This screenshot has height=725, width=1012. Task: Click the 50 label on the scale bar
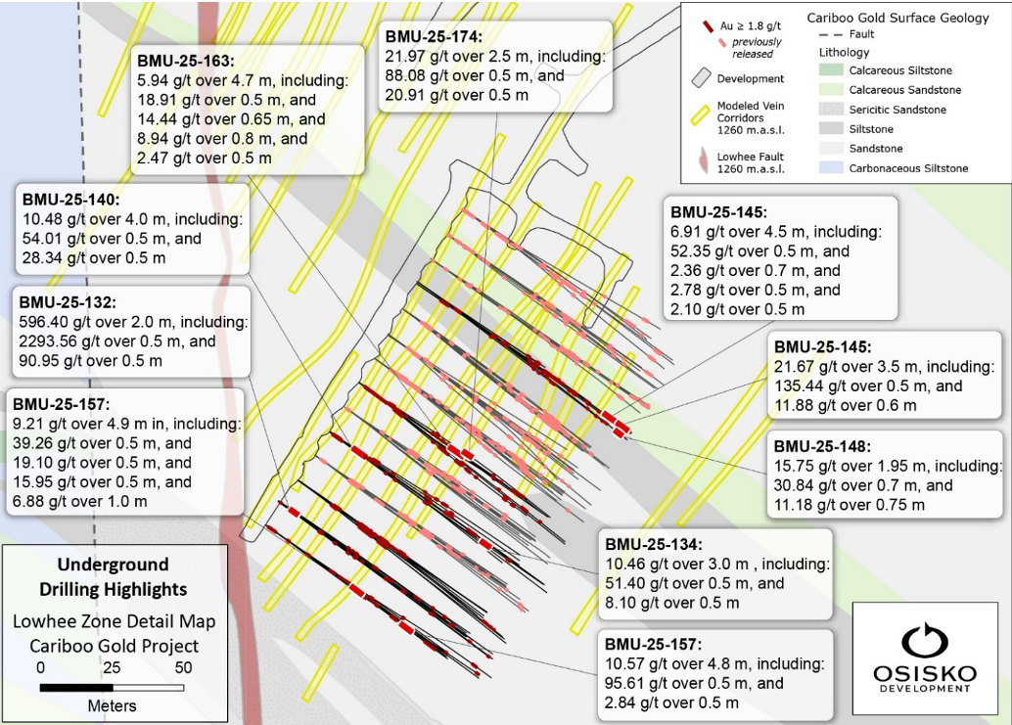182,668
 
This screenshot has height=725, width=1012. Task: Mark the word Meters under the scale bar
112,705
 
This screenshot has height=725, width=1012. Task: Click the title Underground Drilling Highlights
113,577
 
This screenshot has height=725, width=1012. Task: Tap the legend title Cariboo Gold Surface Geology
897,19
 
